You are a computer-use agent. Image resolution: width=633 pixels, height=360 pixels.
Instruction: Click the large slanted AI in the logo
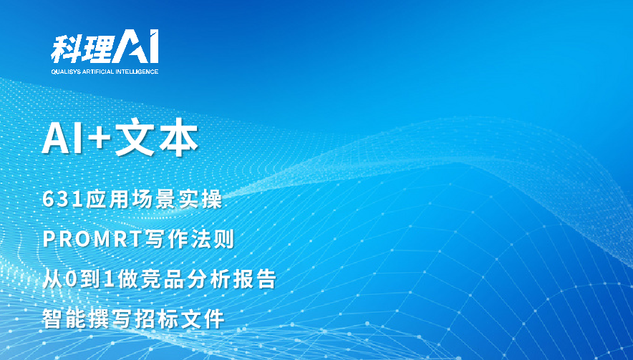pos(135,46)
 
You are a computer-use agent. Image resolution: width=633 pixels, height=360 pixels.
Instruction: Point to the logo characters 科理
pos(82,49)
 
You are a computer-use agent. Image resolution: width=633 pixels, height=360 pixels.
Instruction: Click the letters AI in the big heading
pos(61,138)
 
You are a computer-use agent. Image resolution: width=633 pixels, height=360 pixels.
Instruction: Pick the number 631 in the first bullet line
pos(63,200)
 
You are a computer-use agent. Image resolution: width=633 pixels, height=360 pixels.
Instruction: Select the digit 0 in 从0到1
pos(71,279)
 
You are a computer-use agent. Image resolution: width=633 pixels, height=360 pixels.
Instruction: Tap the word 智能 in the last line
pos(64,318)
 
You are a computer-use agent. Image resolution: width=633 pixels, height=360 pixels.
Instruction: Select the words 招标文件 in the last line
pos(179,318)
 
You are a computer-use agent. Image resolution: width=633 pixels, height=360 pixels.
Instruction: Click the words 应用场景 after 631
pos(131,200)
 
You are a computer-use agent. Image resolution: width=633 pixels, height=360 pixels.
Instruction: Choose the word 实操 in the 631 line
pos(200,200)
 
